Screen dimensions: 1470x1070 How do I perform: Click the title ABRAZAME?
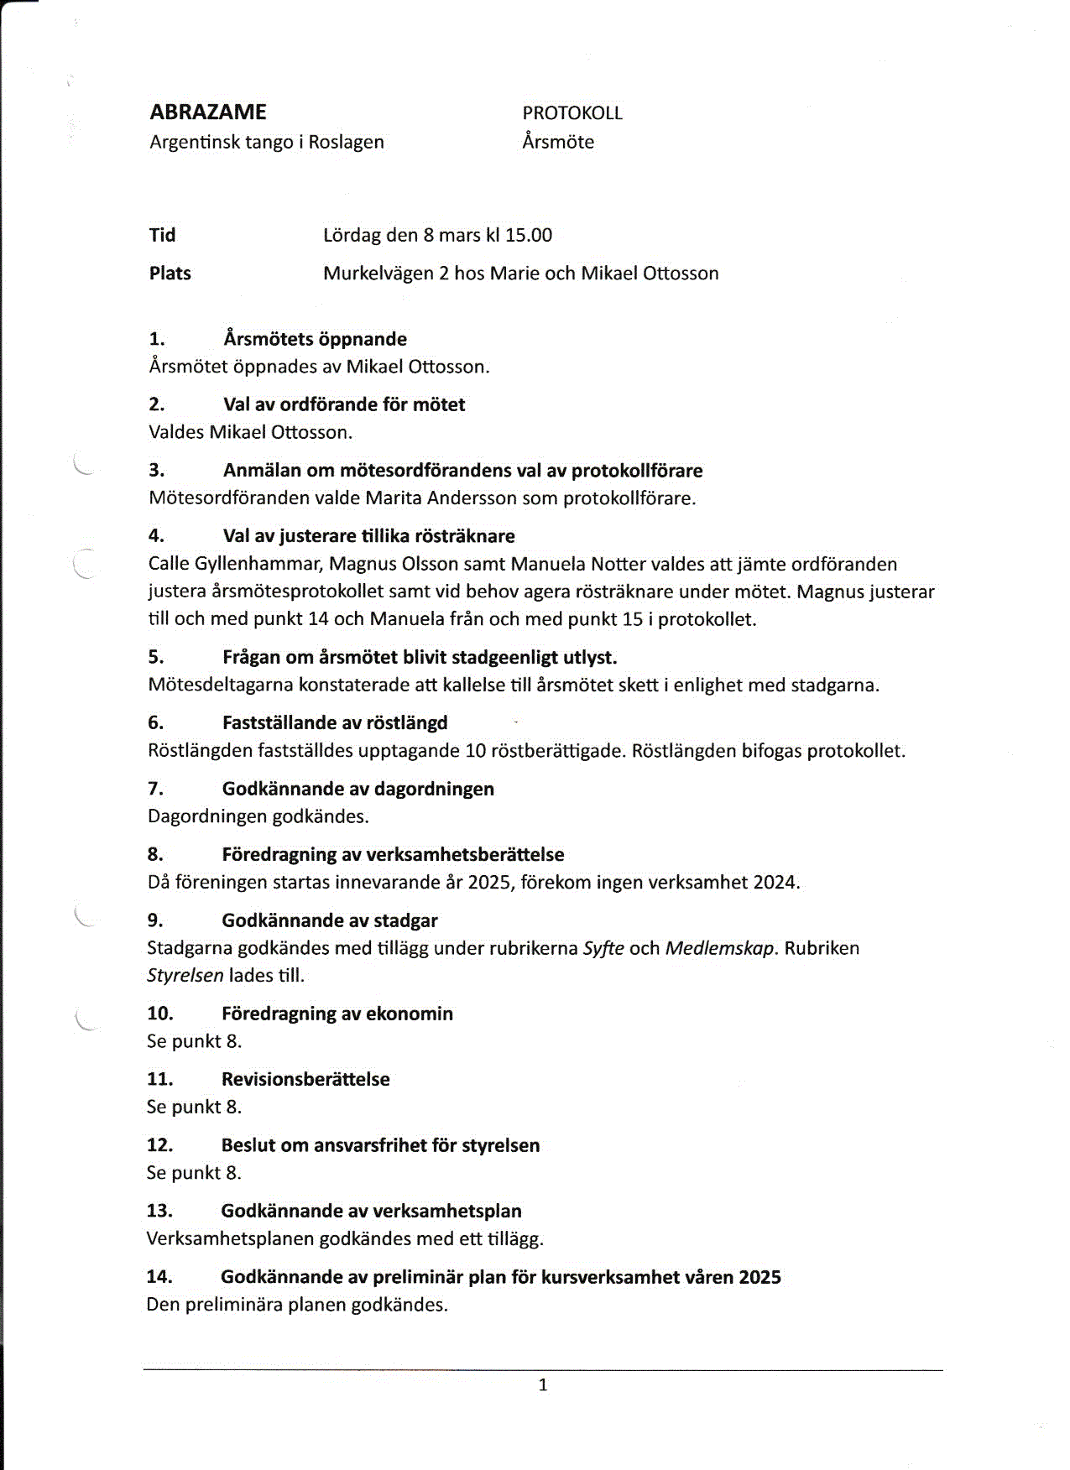[208, 112]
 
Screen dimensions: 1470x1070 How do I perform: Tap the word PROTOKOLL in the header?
[572, 113]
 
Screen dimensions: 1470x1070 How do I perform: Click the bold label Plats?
[170, 274]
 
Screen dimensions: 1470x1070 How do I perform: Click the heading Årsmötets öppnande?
[315, 339]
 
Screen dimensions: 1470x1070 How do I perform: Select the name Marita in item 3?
[394, 498]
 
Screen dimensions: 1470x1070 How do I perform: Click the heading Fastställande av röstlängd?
[335, 722]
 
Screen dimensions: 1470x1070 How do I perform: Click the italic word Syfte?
[603, 949]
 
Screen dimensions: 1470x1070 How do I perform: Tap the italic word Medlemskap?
[720, 949]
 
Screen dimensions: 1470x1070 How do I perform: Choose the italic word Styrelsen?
[185, 976]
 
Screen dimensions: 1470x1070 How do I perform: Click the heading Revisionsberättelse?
[305, 1079]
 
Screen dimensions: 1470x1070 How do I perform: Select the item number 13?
[159, 1211]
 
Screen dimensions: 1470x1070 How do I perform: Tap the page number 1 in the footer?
[543, 1385]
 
